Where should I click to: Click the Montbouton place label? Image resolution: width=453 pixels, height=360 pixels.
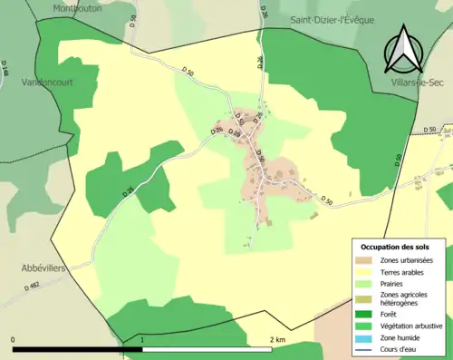coord(77,6)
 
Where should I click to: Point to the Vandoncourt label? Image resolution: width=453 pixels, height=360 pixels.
coord(46,82)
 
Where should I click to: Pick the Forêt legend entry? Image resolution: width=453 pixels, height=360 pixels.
coord(393,316)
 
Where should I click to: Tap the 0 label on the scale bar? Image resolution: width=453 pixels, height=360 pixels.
coord(14,339)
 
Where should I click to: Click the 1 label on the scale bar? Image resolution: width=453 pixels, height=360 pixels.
coord(142,339)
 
